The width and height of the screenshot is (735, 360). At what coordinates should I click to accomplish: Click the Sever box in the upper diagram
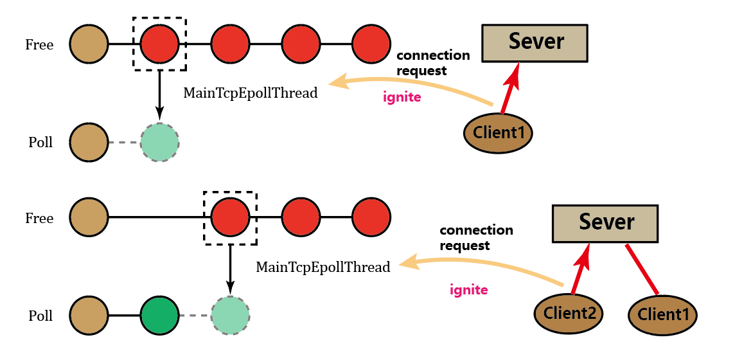[535, 43]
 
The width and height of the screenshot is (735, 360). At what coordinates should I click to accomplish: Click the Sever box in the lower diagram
[605, 223]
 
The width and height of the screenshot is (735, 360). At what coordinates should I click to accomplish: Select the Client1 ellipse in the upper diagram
[499, 133]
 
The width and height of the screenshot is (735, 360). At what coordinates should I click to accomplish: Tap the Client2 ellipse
[569, 314]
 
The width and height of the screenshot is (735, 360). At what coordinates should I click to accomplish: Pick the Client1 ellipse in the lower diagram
[662, 315]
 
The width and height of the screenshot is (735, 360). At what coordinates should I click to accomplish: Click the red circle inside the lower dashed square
[230, 218]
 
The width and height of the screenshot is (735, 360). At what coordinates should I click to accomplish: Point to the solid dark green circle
[159, 316]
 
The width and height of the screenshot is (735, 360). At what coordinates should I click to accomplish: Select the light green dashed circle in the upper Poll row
[159, 142]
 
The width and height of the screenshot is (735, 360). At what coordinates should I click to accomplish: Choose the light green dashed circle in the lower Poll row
[230, 316]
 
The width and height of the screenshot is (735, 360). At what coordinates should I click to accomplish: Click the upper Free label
[39, 45]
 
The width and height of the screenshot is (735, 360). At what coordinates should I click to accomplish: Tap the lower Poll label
[40, 316]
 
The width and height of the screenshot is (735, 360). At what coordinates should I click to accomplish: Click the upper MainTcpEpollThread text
[251, 93]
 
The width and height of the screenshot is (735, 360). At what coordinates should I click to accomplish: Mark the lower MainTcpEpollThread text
[323, 267]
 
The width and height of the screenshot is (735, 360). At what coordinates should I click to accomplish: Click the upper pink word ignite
[402, 98]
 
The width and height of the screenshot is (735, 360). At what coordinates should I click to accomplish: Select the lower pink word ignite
[468, 290]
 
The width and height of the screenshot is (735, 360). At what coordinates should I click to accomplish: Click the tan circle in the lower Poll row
[89, 316]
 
